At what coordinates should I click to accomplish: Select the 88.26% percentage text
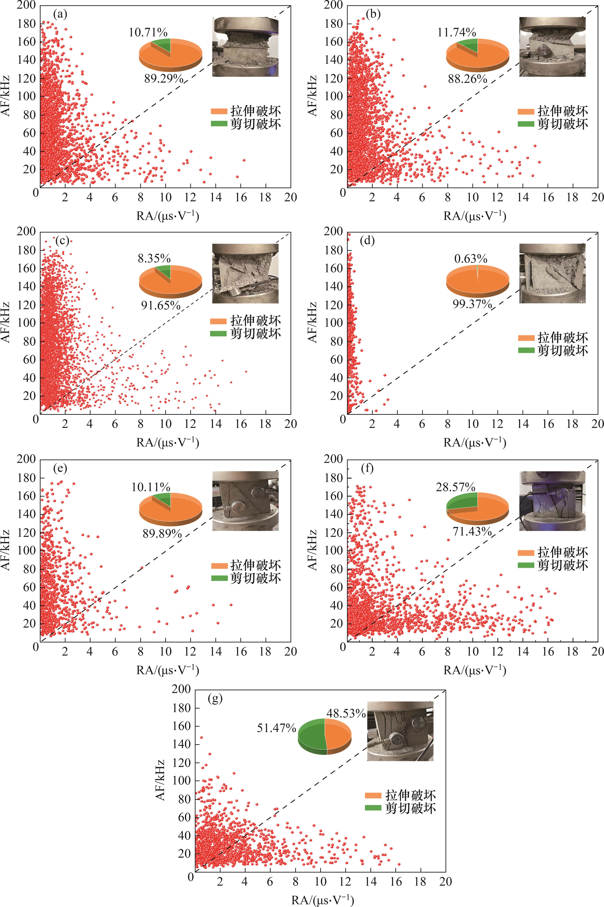tap(467, 79)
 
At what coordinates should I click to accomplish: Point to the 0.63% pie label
tap(471, 258)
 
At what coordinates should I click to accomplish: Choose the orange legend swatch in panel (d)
tap(526, 338)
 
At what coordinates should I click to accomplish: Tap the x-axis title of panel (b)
tap(475, 216)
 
